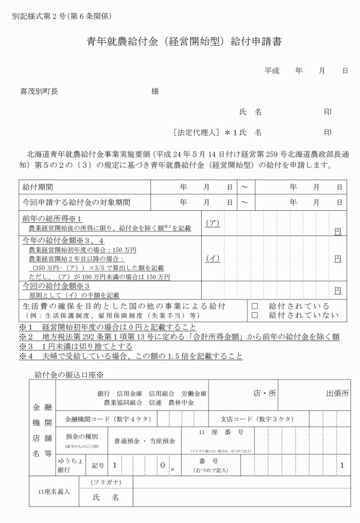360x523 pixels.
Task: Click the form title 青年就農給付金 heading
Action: click(181, 42)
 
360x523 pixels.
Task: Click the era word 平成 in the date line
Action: click(272, 70)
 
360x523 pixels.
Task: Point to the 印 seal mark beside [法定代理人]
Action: click(327, 133)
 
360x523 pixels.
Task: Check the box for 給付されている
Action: click(255, 306)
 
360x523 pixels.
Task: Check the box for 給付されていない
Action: click(255, 315)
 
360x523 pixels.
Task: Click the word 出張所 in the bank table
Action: click(337, 393)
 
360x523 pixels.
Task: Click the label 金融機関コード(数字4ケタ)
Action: click(108, 419)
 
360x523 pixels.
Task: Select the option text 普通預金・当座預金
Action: click(145, 441)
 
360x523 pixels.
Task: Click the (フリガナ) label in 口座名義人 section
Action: click(106, 483)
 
